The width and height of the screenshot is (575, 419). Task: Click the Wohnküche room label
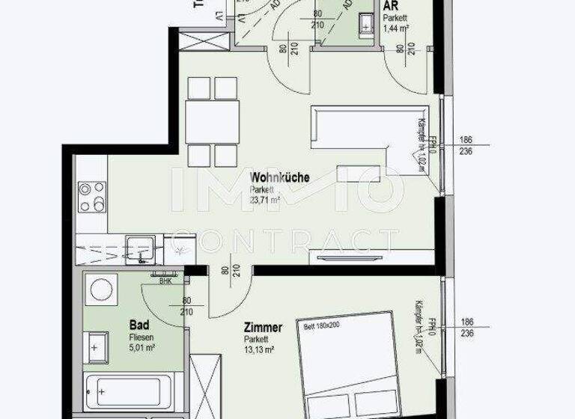pos(279,178)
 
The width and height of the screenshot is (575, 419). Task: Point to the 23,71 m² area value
pos(265,200)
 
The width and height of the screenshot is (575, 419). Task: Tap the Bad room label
pos(139,325)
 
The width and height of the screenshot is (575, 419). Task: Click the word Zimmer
pos(263,328)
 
